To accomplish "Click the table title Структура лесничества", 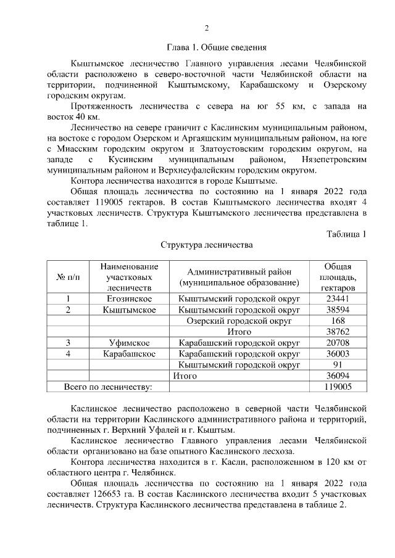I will pyautogui.click(x=207, y=245).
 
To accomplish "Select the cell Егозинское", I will pyautogui.click(x=129, y=298).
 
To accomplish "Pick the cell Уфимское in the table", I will pyautogui.click(x=129, y=342).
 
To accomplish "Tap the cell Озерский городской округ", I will pyautogui.click(x=238, y=321).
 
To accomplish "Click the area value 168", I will pyautogui.click(x=338, y=321).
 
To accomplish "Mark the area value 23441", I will pyautogui.click(x=338, y=298).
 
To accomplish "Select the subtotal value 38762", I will pyautogui.click(x=338, y=332).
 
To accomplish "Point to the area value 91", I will pyautogui.click(x=338, y=364).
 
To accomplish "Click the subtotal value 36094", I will pyautogui.click(x=338, y=375).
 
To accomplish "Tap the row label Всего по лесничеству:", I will pyautogui.click(x=108, y=386).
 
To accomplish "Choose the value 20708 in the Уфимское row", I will pyautogui.click(x=338, y=342).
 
